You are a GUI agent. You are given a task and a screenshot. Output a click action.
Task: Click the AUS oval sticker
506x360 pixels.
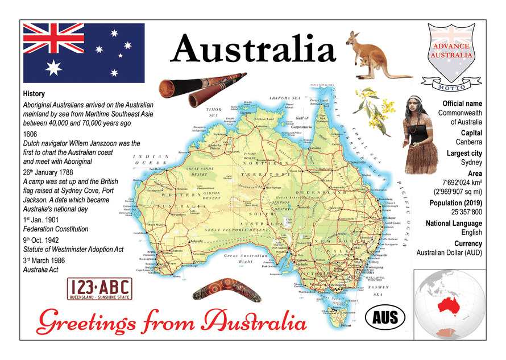[384, 316]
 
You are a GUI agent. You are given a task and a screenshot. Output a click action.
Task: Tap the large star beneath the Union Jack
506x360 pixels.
[53, 68]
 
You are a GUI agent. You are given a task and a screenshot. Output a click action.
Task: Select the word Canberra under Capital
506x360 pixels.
[468, 142]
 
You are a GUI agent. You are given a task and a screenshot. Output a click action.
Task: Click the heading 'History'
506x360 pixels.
[34, 94]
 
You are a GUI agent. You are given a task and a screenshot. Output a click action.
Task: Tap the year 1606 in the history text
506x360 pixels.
[32, 134]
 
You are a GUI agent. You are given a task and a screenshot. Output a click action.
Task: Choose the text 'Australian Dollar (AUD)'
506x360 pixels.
[449, 253]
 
